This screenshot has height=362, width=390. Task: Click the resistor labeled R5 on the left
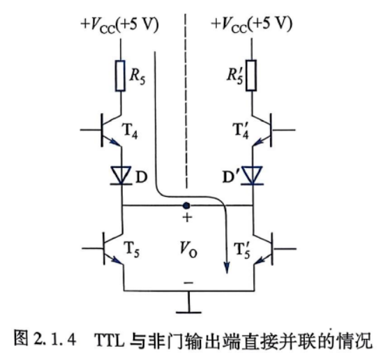pos(121,75)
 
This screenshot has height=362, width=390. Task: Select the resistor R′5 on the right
pos(251,75)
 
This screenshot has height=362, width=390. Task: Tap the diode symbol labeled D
pos(121,176)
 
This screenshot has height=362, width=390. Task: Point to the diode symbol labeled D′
pos(253,176)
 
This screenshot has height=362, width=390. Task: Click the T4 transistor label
pos(129,131)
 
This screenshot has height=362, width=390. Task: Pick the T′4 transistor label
pos(241,131)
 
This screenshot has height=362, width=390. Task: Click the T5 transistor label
pos(132,250)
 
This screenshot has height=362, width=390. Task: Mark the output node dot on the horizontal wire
pos(186,206)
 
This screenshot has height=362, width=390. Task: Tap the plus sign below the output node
pos(187,218)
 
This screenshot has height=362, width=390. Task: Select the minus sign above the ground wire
pos(188,282)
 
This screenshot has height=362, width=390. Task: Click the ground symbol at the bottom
pos(188,305)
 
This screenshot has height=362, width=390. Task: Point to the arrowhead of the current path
pos(226,267)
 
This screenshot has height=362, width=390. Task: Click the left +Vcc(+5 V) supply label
pos(119,25)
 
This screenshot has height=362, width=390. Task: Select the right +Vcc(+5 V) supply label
pos(251,24)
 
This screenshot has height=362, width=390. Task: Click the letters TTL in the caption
pos(110,340)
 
